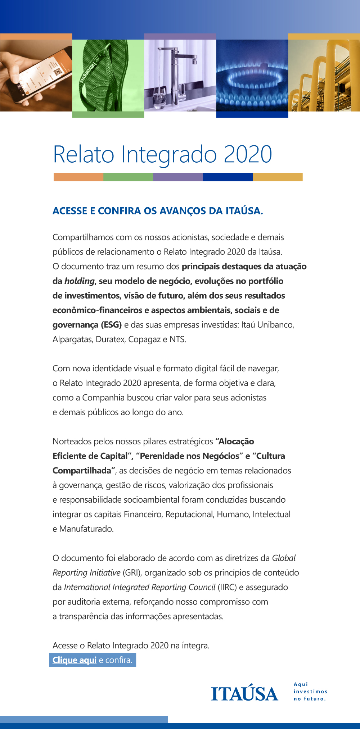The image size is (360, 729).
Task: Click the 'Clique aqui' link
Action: (75, 660)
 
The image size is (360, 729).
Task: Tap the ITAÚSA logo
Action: (245, 693)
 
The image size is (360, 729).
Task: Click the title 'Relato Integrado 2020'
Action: (162, 154)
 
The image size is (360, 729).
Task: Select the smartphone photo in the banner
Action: (36, 74)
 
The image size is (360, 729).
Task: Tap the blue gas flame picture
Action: (252, 77)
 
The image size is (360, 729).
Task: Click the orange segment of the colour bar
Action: (78, 177)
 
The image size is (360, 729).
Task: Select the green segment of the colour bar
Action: (128, 177)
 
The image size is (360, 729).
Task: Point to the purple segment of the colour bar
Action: (178, 177)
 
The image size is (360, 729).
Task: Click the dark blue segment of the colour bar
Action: (228, 177)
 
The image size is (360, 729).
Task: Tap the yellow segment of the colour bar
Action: (278, 177)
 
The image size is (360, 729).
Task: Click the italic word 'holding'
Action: (80, 281)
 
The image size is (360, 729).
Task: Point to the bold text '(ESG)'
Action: (111, 325)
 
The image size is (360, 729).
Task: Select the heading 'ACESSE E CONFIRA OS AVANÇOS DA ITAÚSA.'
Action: (158, 211)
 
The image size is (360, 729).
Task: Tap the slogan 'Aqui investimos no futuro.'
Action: (310, 692)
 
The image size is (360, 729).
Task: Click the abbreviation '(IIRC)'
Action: (227, 587)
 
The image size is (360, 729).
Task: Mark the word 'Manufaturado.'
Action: (86, 529)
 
